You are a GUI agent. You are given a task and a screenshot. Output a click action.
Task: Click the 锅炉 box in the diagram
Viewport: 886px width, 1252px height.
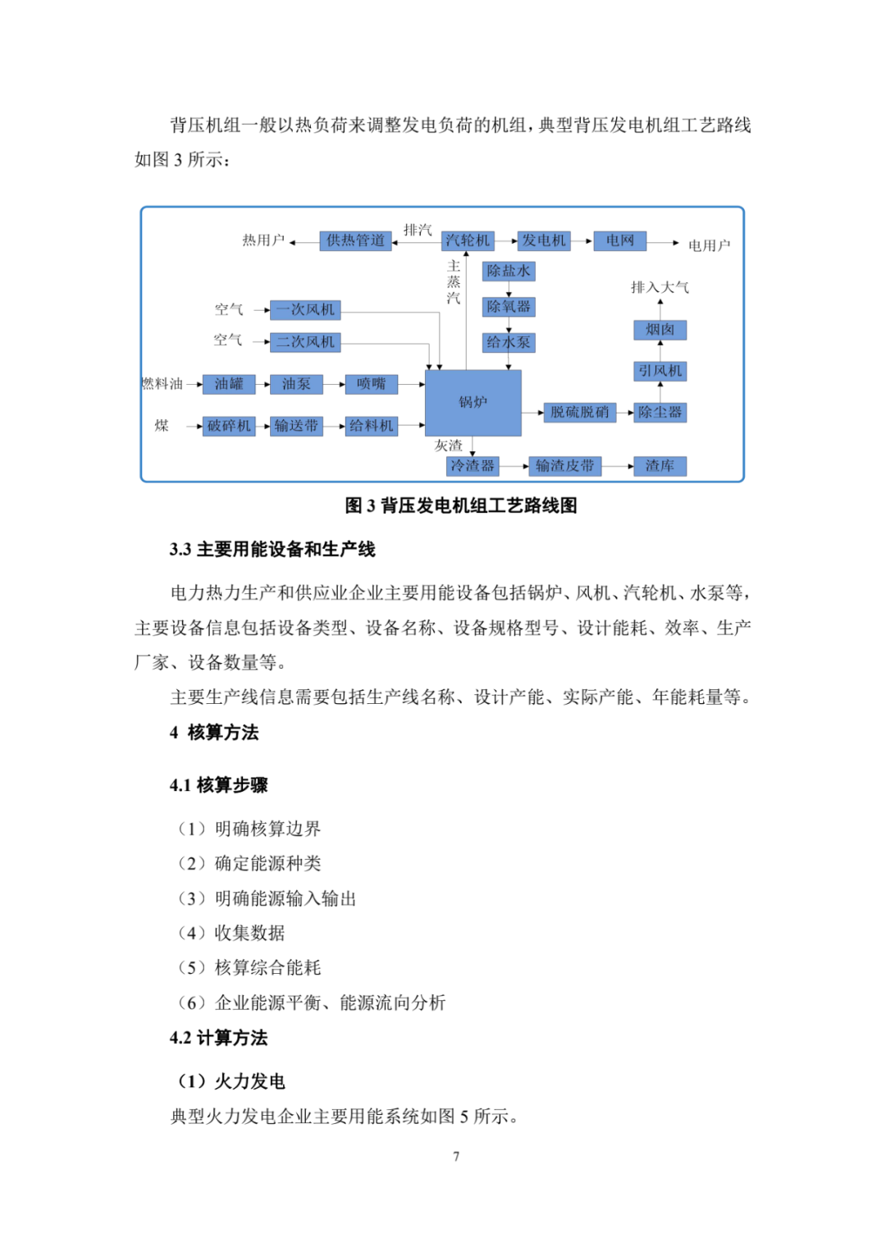[x=473, y=402]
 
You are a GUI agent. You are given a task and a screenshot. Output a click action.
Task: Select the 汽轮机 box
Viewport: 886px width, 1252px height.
[x=468, y=240]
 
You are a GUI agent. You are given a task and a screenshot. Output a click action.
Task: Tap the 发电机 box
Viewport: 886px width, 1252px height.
[x=543, y=240]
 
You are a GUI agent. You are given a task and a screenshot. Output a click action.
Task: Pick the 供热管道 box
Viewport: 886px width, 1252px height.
[x=355, y=240]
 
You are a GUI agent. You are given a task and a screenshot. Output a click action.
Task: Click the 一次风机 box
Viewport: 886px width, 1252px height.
[x=305, y=309]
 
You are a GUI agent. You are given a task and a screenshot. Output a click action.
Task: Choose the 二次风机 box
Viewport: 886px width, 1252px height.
[x=305, y=342]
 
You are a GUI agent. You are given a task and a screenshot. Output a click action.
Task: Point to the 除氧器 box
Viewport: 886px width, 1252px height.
[x=509, y=306]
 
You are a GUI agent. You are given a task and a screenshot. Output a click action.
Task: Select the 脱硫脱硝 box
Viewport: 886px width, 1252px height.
[x=580, y=413]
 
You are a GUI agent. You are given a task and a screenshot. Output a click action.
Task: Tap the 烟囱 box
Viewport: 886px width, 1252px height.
[x=660, y=330]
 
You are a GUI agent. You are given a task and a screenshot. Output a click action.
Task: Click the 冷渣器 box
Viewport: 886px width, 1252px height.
[x=473, y=465]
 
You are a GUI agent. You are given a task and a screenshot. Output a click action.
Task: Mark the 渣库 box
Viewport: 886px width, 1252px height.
[x=660, y=465]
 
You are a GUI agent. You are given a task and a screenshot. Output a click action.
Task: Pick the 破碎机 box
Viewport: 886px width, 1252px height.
[x=229, y=426]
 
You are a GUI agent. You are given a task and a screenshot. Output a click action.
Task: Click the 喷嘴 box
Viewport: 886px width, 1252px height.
[x=371, y=384]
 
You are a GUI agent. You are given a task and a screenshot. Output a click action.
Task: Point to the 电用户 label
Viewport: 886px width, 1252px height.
[x=709, y=245]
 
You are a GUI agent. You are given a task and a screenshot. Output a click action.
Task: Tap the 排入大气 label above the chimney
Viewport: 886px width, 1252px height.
[x=660, y=287]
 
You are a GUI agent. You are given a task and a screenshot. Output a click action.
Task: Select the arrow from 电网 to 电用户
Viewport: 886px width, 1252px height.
[x=663, y=243]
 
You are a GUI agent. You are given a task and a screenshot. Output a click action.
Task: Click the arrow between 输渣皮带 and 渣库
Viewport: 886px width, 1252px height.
[x=618, y=465]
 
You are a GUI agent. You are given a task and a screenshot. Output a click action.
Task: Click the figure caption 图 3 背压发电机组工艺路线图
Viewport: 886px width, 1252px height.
[x=461, y=505]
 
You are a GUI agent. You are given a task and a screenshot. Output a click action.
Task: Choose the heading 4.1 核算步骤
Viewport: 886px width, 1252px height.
[x=218, y=784]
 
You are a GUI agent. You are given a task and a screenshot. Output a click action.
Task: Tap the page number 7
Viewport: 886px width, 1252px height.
[x=456, y=1156]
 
